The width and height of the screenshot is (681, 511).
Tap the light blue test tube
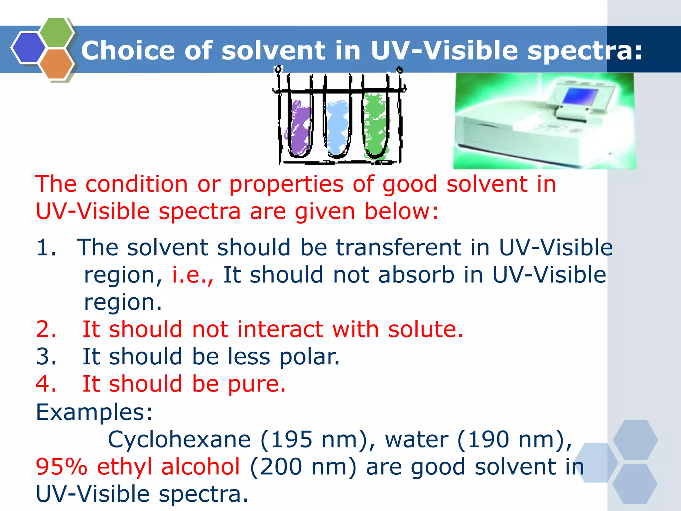[x=338, y=128]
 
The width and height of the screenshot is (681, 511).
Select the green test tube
[x=376, y=126]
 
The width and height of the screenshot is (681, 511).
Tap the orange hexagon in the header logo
[x=56, y=64]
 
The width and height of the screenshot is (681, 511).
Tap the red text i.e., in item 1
[x=192, y=275]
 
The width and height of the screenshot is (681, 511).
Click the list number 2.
[x=46, y=329]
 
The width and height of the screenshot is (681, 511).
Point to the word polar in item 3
[x=309, y=357]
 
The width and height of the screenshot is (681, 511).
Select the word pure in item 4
[x=256, y=384]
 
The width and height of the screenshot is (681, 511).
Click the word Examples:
[x=94, y=412]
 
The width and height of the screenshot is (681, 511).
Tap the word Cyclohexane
[x=179, y=439]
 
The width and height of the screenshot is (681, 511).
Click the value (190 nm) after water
[x=514, y=439]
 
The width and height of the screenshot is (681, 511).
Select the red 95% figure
[x=62, y=467]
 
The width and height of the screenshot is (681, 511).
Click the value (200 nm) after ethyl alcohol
[x=303, y=467]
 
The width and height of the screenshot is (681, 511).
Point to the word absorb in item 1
[x=416, y=275]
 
